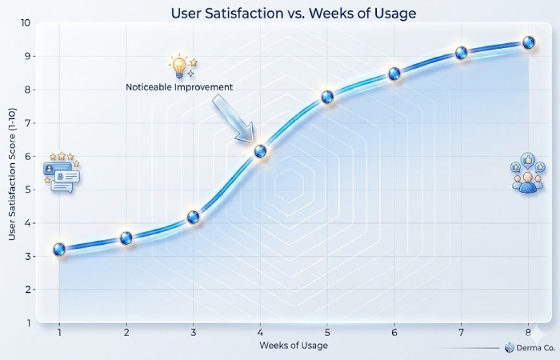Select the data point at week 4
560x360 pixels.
tap(260, 150)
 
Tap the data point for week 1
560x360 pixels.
tap(59, 250)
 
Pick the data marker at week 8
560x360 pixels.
tap(528, 42)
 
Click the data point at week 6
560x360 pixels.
tap(394, 74)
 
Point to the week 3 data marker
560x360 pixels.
tap(193, 217)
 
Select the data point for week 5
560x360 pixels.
tap(327, 97)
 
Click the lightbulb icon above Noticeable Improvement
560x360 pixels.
tap(179, 65)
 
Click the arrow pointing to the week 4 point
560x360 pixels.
tap(233, 118)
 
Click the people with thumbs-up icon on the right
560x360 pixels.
tap(526, 173)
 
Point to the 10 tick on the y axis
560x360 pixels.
tap(26, 22)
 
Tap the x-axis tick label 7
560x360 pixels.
tap(461, 330)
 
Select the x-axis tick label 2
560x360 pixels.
tap(126, 330)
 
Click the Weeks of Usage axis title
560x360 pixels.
tap(293, 345)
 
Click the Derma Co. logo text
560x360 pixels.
tap(531, 347)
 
